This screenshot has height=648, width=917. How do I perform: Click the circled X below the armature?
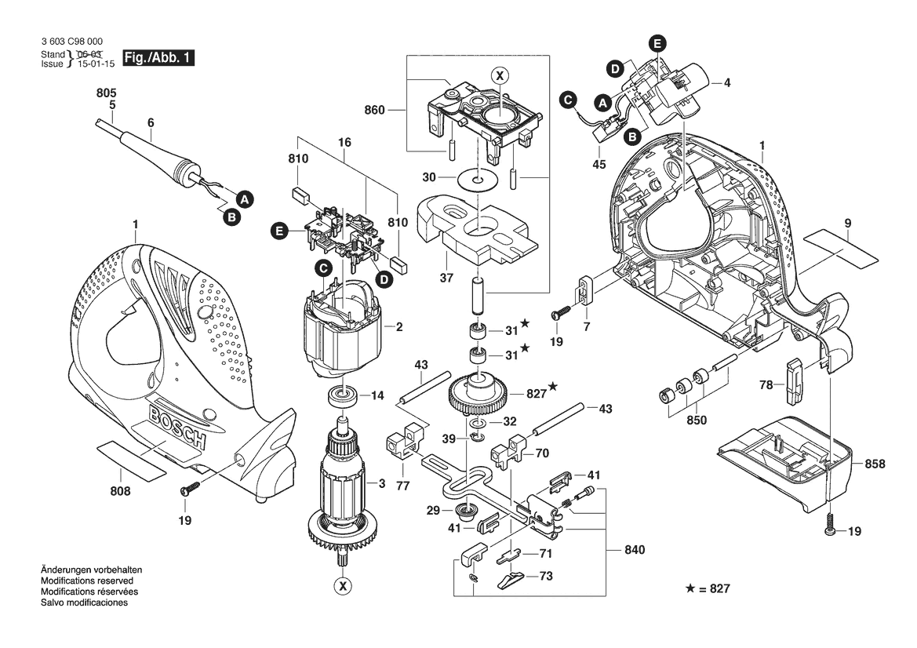point(342,584)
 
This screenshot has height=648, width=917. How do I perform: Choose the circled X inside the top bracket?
point(499,75)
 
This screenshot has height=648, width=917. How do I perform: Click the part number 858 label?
point(874,464)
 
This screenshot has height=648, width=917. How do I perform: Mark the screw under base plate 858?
point(829,531)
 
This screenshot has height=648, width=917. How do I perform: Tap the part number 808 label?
point(120,492)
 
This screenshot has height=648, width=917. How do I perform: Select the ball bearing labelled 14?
point(343,395)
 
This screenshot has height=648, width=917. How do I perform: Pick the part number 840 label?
point(634,551)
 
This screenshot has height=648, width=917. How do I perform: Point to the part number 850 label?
point(696,420)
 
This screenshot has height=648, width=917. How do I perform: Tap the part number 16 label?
point(344,144)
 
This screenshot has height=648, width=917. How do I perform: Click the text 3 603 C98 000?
point(71,42)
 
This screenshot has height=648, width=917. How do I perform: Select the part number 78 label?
point(766,384)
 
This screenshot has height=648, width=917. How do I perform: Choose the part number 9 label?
point(848,223)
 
